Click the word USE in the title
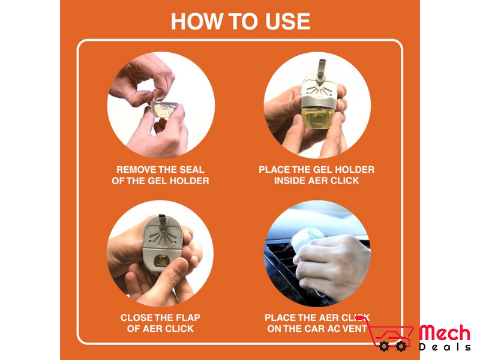click(x=287, y=22)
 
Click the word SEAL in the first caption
click(x=192, y=170)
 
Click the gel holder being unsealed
click(x=164, y=109)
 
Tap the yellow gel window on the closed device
click(x=161, y=260)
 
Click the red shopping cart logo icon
click(x=389, y=334)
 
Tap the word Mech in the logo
click(x=445, y=333)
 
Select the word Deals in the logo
click(x=445, y=347)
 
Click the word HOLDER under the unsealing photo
click(x=190, y=181)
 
